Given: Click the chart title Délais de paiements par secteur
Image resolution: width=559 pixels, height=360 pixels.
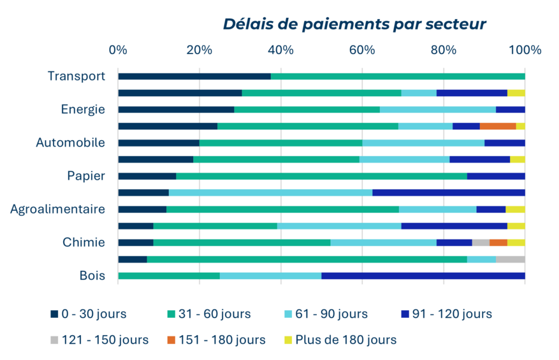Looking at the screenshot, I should pyautogui.click(x=354, y=24).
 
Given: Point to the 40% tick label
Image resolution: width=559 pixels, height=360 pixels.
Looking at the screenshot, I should pyautogui.click(x=280, y=50).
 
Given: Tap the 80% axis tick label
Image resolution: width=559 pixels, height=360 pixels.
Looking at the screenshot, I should pyautogui.click(x=444, y=50).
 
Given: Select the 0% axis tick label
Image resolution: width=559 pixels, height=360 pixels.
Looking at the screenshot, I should pyautogui.click(x=118, y=50).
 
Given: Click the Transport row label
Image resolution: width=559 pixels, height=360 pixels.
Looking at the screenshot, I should pyautogui.click(x=76, y=76).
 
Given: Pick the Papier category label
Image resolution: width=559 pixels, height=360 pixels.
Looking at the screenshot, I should pyautogui.click(x=86, y=176).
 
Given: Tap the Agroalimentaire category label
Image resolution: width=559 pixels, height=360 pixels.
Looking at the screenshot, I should pyautogui.click(x=57, y=209).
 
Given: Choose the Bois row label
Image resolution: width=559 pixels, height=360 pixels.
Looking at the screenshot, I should pyautogui.click(x=92, y=276).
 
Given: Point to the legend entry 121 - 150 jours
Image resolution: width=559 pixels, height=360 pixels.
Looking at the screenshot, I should pyautogui.click(x=99, y=340).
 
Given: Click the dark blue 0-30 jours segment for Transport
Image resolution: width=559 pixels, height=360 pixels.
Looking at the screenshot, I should pyautogui.click(x=194, y=76).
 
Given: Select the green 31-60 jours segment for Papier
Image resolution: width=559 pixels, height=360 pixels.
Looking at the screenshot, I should pyautogui.click(x=321, y=176).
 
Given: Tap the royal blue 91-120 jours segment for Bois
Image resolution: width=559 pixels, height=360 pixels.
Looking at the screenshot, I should pyautogui.click(x=423, y=276).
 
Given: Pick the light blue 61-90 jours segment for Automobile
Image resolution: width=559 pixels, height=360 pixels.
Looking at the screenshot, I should pyautogui.click(x=423, y=143).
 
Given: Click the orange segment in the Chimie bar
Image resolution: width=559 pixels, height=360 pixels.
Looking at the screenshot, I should pyautogui.click(x=498, y=243).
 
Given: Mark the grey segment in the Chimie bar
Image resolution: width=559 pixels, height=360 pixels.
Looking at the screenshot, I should pyautogui.click(x=480, y=243).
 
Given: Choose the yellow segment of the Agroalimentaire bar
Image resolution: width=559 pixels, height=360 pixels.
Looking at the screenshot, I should pyautogui.click(x=515, y=210).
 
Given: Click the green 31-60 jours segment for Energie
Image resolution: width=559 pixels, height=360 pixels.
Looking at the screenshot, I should pyautogui.click(x=307, y=110).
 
